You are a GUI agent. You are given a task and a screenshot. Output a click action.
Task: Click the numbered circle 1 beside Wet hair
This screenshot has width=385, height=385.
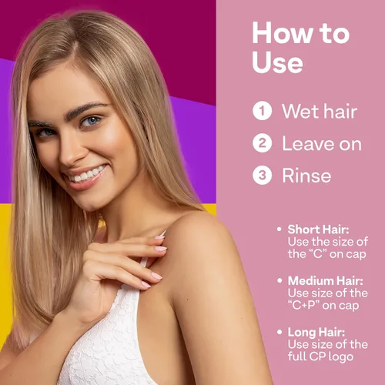263,111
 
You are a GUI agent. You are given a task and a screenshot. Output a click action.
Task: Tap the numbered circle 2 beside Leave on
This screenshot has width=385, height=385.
263,143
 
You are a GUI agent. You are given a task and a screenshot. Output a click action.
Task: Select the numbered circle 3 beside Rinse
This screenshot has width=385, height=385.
263,176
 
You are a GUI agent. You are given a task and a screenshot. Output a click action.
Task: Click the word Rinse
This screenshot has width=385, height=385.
306,176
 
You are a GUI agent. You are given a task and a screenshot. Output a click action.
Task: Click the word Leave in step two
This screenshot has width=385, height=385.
306,143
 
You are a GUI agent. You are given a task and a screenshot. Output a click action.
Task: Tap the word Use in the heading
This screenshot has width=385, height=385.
276,62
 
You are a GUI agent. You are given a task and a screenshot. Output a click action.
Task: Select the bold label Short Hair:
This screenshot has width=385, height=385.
317,229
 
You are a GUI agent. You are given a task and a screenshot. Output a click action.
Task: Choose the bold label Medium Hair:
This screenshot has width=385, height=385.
324,280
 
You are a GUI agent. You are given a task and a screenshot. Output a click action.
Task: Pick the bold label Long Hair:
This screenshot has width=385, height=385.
316,332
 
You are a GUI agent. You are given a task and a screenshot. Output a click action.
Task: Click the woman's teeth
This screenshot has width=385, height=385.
86,173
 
